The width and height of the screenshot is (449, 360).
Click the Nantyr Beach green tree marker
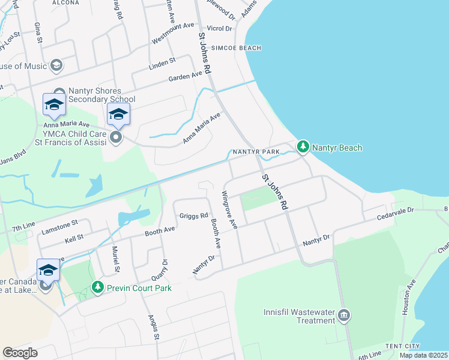pos(303,146)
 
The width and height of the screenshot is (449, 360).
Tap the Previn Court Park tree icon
pos(98,288)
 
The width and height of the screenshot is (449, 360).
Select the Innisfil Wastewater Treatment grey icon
pos(344,316)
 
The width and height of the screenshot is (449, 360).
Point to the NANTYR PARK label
pos(256,152)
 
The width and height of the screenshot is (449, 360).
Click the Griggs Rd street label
pos(193,215)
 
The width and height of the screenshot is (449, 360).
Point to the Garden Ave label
pos(185,76)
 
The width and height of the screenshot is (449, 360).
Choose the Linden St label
pos(162,61)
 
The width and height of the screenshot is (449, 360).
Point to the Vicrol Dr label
pos(219,28)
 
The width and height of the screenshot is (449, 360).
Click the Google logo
pos(20,352)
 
